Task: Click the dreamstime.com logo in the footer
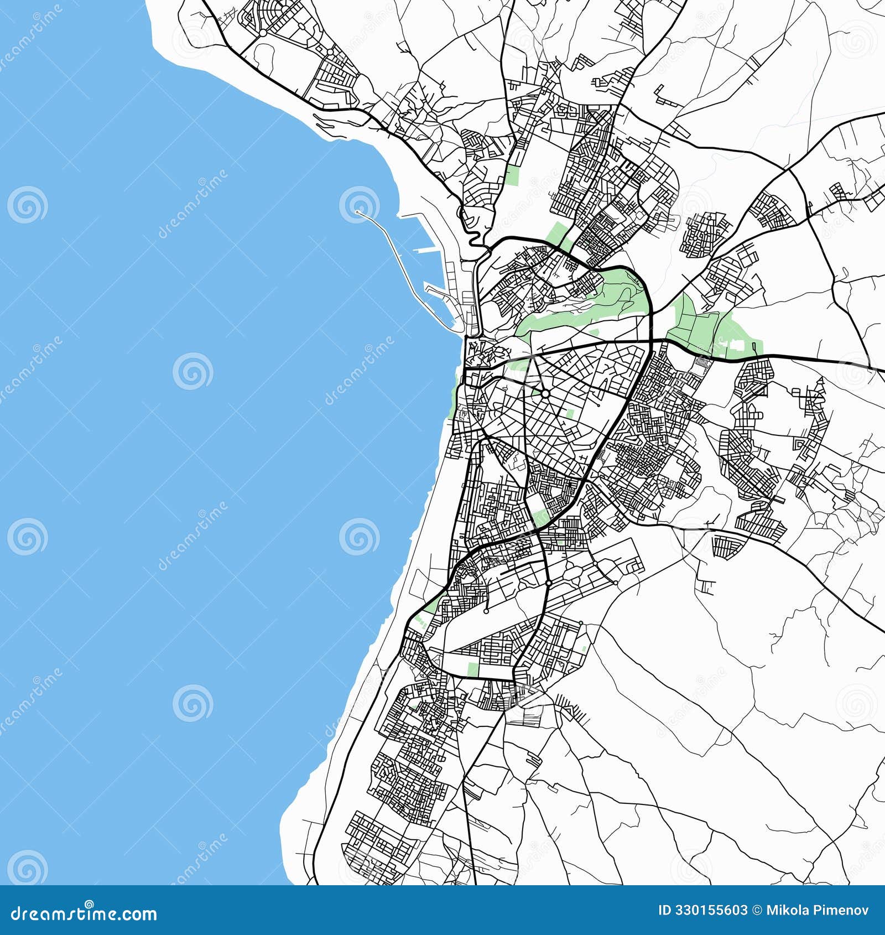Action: point(84,914)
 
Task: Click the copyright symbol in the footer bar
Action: point(756,911)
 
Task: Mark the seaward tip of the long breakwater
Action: point(358,212)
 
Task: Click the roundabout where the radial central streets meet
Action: point(545,393)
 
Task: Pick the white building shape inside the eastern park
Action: point(736,344)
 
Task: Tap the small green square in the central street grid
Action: point(570,413)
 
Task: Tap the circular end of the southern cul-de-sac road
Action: point(486,611)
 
